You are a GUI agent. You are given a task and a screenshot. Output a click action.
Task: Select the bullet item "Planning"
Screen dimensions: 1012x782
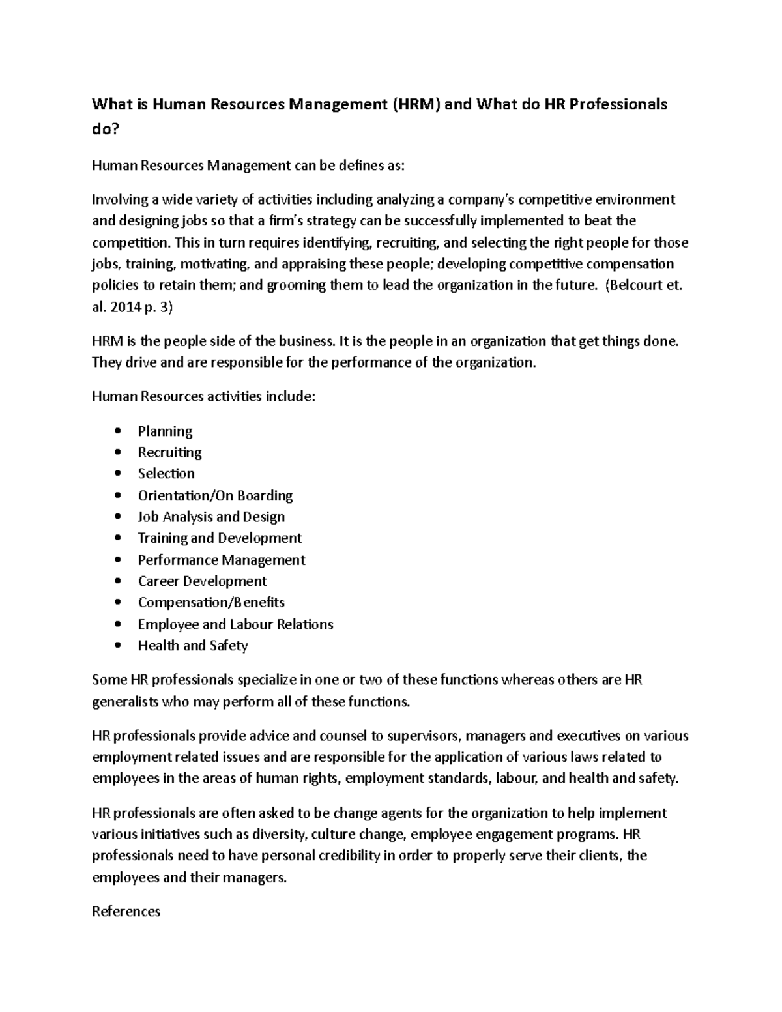(x=165, y=431)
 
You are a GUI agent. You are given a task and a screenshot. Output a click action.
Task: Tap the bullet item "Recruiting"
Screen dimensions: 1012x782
(x=169, y=452)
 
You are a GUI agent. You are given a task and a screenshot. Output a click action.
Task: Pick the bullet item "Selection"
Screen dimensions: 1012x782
(x=166, y=474)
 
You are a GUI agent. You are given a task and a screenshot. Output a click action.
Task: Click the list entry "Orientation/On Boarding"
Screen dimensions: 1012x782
(x=215, y=495)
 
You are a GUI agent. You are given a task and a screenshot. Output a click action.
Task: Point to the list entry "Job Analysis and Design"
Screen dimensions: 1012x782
(x=211, y=517)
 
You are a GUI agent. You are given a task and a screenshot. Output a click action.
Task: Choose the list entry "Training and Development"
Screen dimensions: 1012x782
(x=220, y=538)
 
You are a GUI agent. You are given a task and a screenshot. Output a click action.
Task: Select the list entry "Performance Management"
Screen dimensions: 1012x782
(x=222, y=560)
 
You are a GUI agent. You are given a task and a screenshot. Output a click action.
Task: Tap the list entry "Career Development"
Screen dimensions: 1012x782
(x=202, y=581)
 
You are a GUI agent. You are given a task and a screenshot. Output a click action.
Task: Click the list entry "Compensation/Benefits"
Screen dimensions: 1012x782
(x=211, y=603)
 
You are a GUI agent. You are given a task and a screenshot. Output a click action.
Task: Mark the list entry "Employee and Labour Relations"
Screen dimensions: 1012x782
(x=235, y=624)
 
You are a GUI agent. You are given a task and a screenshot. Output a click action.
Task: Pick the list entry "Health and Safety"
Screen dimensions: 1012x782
(x=193, y=646)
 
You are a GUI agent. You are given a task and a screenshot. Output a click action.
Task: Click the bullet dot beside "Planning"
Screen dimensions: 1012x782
(x=117, y=431)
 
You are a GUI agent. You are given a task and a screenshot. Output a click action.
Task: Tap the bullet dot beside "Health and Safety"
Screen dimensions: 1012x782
(x=117, y=646)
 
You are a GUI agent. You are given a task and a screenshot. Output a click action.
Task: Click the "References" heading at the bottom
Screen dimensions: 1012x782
(x=126, y=912)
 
